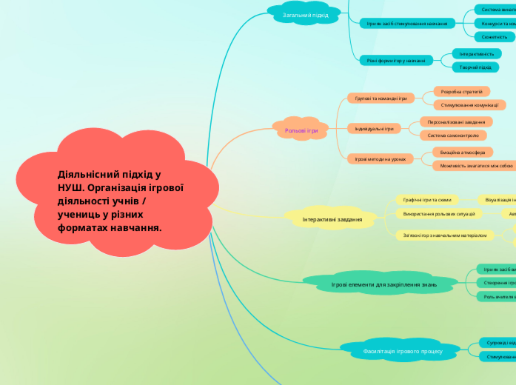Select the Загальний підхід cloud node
[x=306, y=15]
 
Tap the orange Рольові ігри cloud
[x=301, y=130]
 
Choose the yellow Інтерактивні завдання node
[x=332, y=219]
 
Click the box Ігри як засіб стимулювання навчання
[x=407, y=24]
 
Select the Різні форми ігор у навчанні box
[x=395, y=60]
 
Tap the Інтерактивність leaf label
[x=476, y=54]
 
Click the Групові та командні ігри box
[x=381, y=98]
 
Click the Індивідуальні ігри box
[x=374, y=128]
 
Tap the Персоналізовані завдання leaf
[x=456, y=121]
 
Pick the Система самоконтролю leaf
[x=452, y=135]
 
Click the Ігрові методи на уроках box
[x=380, y=158]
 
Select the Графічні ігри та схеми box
[x=426, y=199]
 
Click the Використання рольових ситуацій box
[x=438, y=213]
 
